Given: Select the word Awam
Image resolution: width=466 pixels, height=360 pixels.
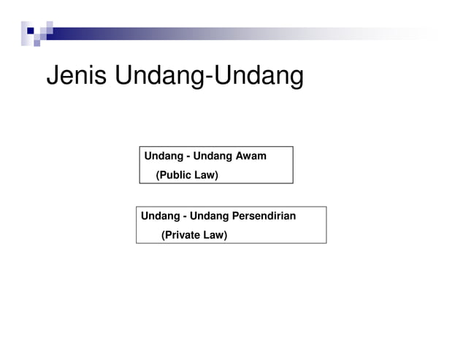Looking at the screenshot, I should click(x=251, y=156).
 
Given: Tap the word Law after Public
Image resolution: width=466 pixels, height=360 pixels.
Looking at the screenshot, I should click(x=206, y=175).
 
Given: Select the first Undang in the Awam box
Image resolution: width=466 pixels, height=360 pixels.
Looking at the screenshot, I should click(x=161, y=156).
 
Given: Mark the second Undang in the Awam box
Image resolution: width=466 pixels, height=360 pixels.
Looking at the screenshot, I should click(x=212, y=156).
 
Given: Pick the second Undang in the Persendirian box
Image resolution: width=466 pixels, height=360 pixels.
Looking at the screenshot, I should click(x=208, y=216).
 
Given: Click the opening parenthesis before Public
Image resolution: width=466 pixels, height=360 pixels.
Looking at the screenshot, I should click(x=158, y=175).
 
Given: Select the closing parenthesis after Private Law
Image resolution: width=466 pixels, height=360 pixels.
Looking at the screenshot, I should click(x=226, y=235).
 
